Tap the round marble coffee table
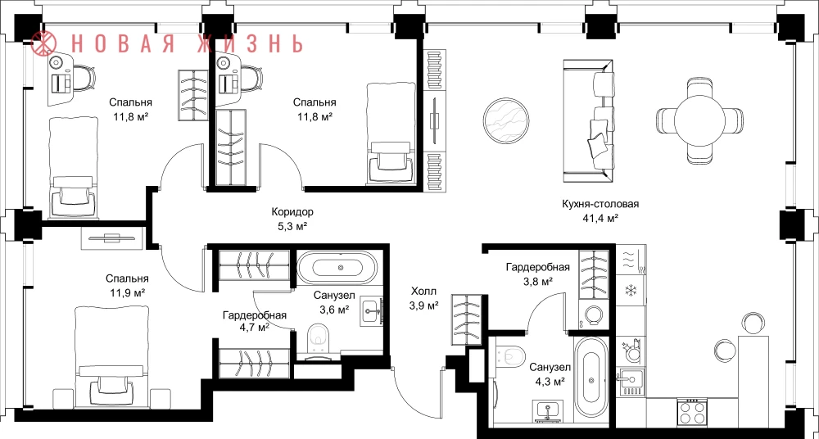tap(506, 120)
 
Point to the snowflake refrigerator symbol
tap(631, 290)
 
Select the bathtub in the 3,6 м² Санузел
tap(337, 268)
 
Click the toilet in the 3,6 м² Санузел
tap(318, 338)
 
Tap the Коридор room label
tap(292, 212)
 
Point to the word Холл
tap(423, 292)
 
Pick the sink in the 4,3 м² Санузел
tap(547, 411)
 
